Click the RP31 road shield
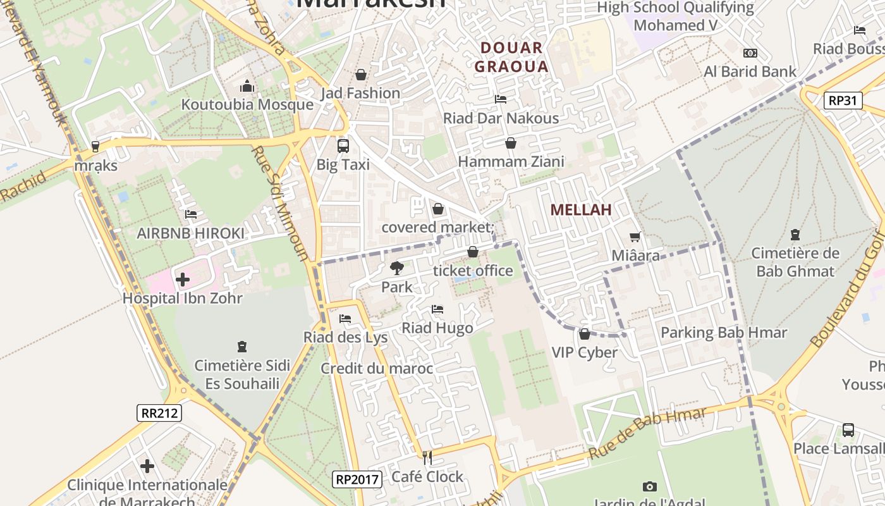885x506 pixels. [x=843, y=100]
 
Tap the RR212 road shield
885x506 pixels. [x=159, y=413]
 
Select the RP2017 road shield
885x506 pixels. [x=357, y=479]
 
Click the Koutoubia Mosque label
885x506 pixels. [x=247, y=104]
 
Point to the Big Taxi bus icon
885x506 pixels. [x=343, y=146]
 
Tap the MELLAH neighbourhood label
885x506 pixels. [x=581, y=210]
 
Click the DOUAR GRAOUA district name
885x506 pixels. [x=511, y=57]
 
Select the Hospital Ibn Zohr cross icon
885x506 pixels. [x=183, y=280]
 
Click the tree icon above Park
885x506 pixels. [x=396, y=268]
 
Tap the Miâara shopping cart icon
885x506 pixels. [x=635, y=237]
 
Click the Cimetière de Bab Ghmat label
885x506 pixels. [x=795, y=262]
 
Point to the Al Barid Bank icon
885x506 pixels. [x=750, y=53]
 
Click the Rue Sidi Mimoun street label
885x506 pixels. [x=279, y=203]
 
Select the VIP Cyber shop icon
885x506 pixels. [x=584, y=333]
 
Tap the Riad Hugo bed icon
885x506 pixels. [x=437, y=309]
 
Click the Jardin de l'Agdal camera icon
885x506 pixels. [x=649, y=486]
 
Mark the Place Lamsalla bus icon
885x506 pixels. [x=848, y=430]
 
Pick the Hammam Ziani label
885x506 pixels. [x=511, y=162]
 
